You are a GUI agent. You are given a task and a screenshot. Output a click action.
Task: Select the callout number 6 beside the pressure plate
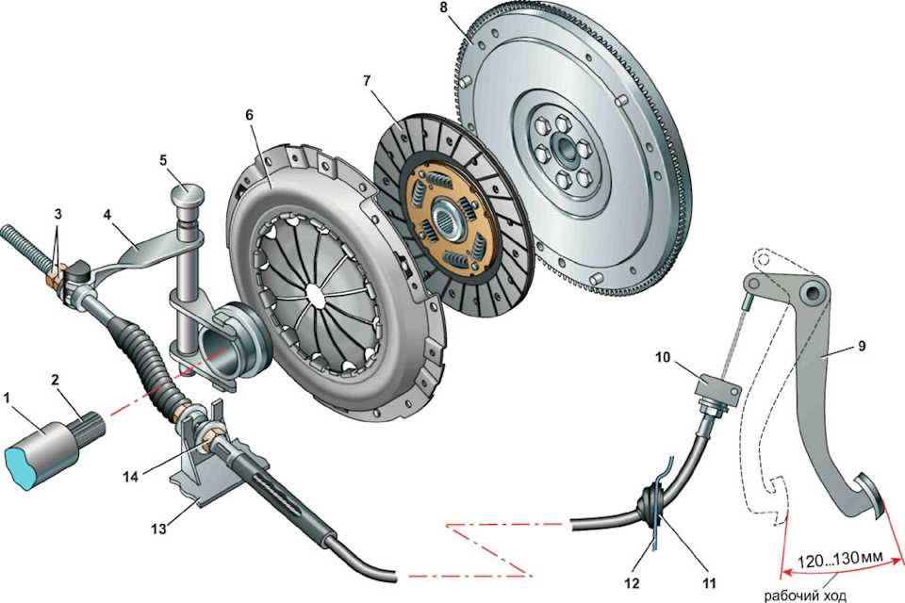pyautogui.click(x=249, y=113)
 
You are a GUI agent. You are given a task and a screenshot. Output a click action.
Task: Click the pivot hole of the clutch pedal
pyautogui.click(x=809, y=293)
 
